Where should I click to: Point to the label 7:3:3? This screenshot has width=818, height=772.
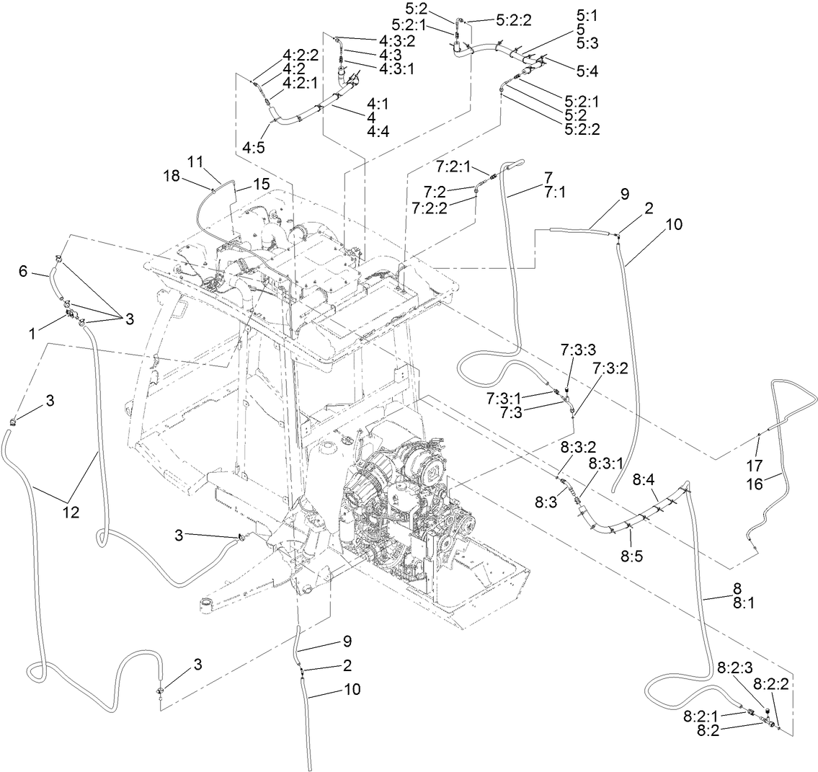[578, 350]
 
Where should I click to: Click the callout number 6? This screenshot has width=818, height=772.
[23, 271]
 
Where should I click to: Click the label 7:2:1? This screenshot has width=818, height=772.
[454, 167]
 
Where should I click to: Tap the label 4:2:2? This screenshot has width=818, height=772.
[301, 55]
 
